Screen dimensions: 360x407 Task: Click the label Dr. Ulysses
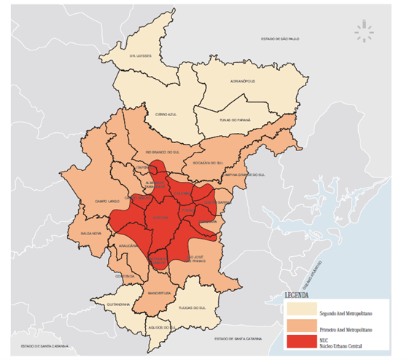(129, 56)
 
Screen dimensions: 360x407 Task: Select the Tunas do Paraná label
(235, 120)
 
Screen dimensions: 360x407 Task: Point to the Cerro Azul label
(167, 115)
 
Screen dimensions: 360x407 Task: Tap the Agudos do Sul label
(159, 328)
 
